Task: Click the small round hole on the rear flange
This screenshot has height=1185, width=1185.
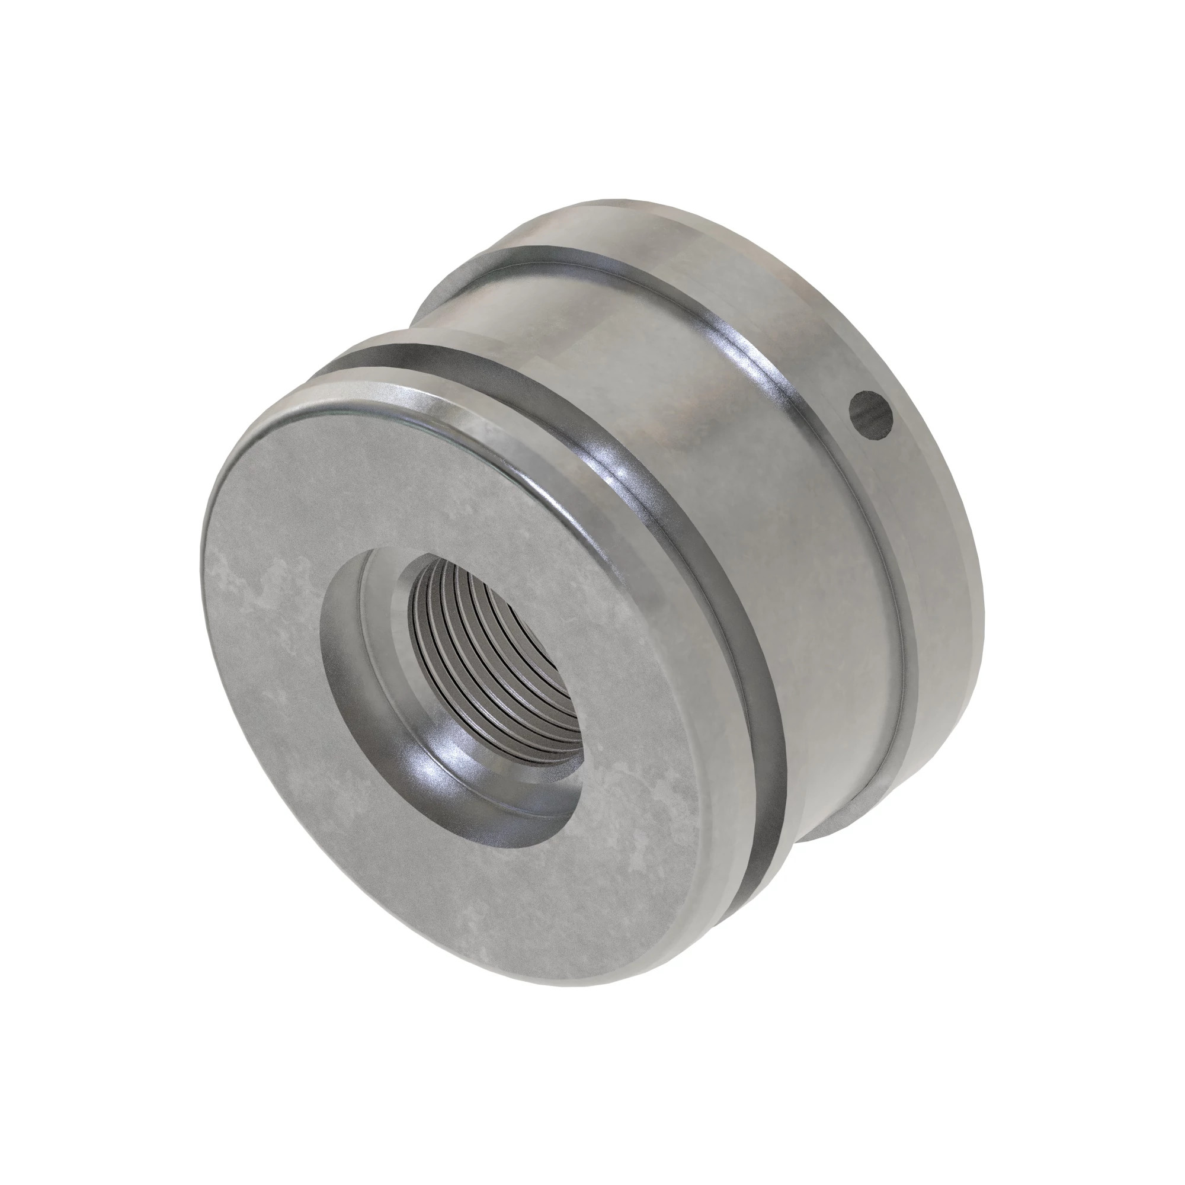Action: pyautogui.click(x=870, y=416)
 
